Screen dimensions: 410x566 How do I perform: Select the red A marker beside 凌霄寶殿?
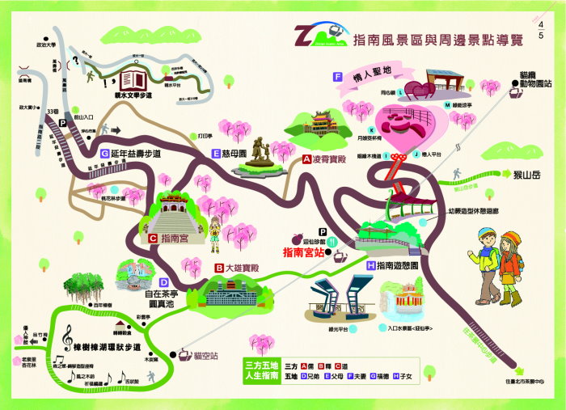tap(307, 160)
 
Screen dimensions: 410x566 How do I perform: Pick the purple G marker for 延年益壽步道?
tap(105, 154)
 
